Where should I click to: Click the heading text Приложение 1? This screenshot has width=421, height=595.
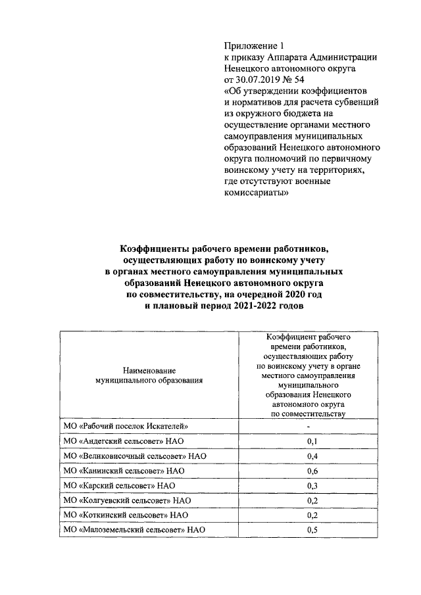pyautogui.click(x=253, y=46)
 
